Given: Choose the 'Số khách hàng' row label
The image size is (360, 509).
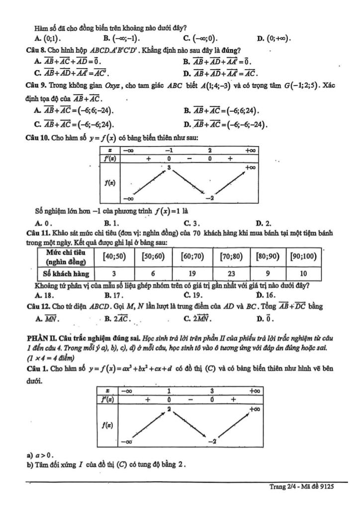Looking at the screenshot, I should coord(66,273).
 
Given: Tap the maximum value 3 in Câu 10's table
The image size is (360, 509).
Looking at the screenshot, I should coord(169,169).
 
